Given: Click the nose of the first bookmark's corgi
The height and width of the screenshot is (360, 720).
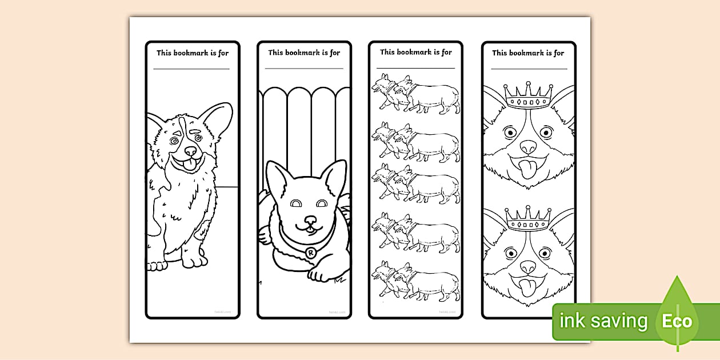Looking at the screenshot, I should (x=190, y=151).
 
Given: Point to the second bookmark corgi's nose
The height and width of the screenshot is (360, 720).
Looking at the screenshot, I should (x=310, y=221).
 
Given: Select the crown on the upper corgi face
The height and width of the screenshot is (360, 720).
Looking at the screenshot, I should (x=529, y=96).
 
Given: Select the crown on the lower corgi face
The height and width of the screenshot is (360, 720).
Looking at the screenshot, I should (x=529, y=218).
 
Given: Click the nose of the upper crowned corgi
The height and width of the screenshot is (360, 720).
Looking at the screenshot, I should (x=529, y=147).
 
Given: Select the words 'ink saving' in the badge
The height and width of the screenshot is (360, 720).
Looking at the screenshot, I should (x=603, y=321).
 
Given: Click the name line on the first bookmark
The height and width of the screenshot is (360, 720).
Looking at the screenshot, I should (x=191, y=69).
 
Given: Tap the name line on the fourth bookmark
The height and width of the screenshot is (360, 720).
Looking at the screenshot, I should (x=529, y=69).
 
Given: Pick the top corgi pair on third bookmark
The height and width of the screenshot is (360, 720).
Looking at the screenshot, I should (x=415, y=94).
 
